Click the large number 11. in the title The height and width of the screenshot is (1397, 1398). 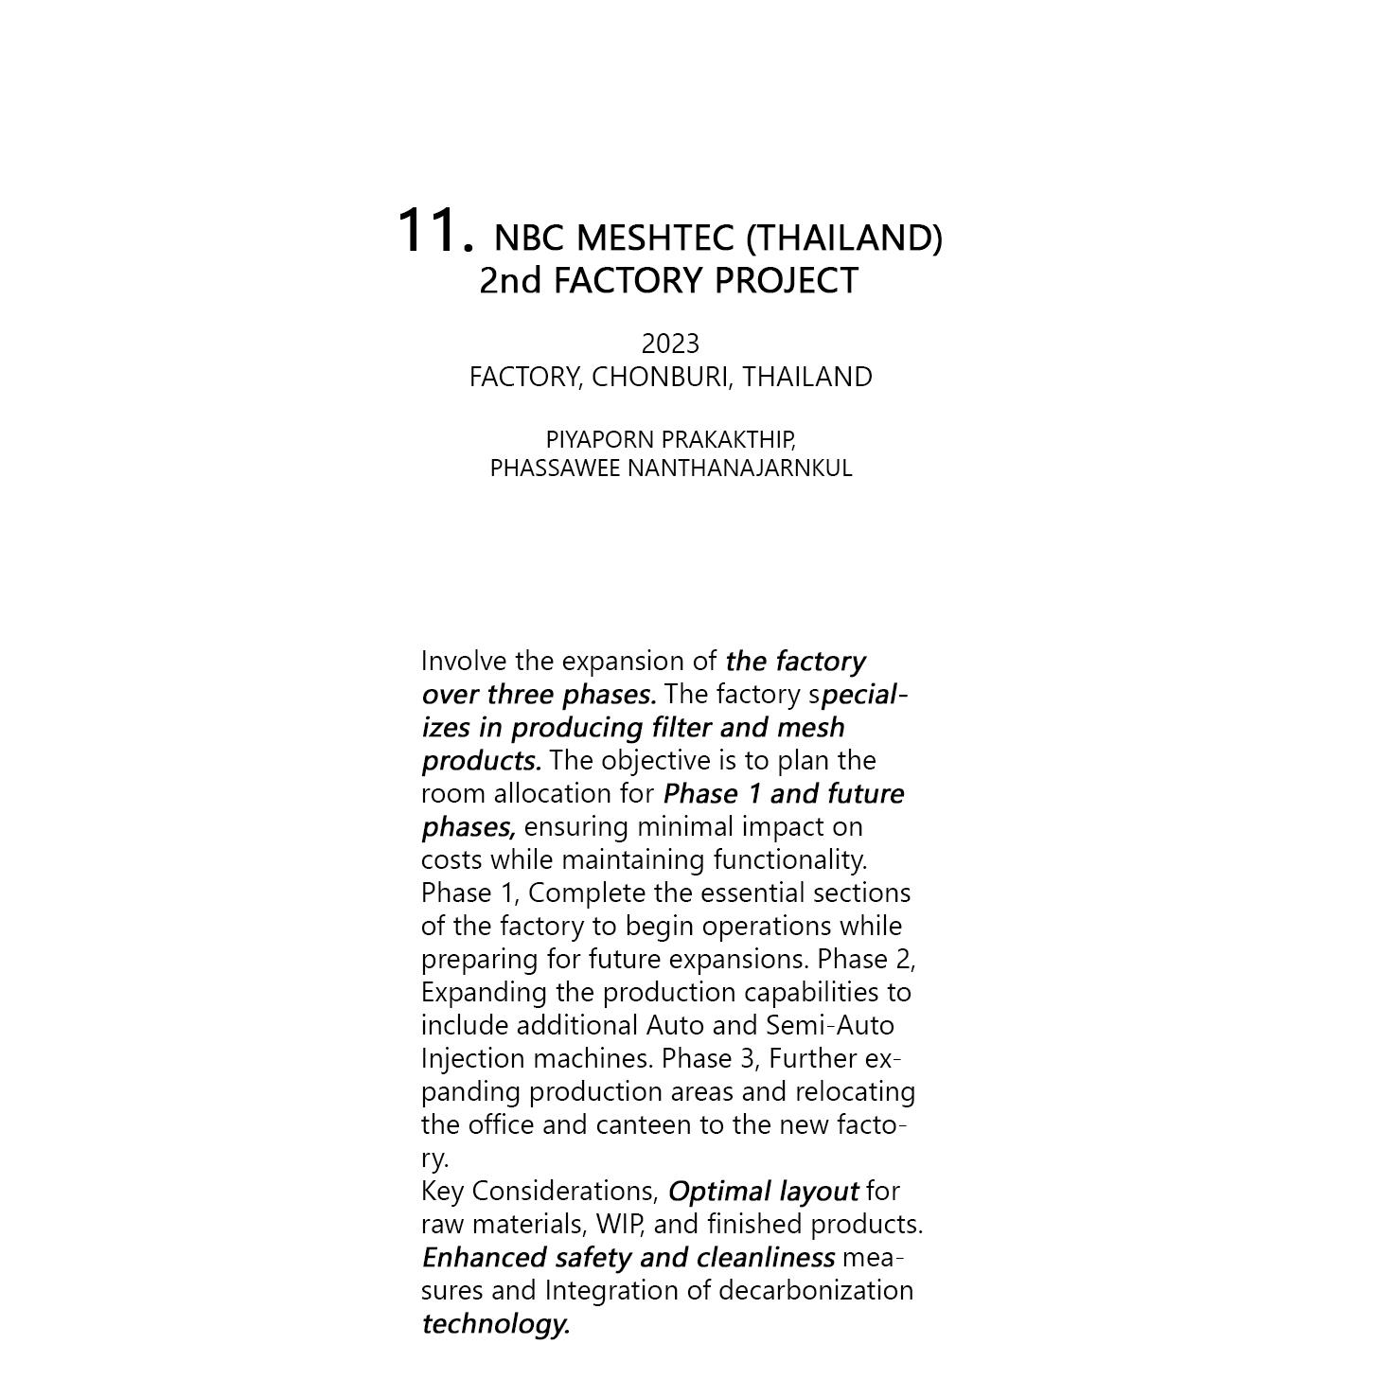(x=434, y=231)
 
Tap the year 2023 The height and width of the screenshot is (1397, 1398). (x=670, y=344)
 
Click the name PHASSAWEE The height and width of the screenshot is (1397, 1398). (x=555, y=469)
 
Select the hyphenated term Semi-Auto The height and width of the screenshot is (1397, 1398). (x=829, y=1026)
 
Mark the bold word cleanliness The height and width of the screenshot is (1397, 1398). (x=766, y=1258)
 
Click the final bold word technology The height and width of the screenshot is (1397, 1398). (x=495, y=1324)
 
